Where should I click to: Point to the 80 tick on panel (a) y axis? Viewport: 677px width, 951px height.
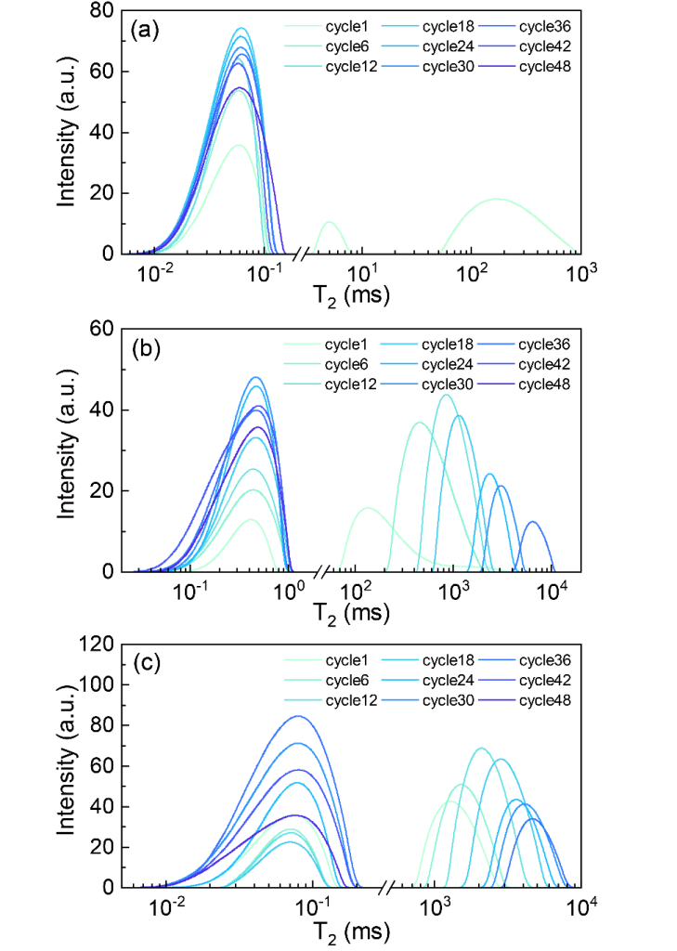point(103,11)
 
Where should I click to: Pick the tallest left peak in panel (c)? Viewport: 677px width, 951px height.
point(298,716)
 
